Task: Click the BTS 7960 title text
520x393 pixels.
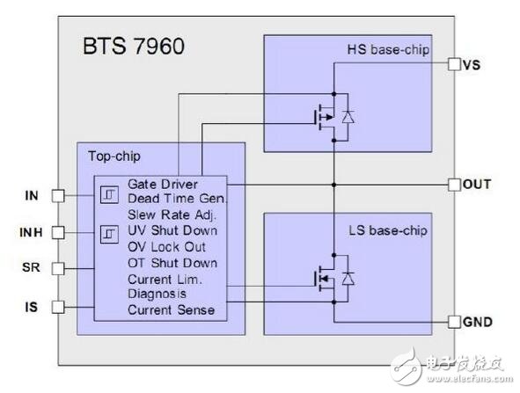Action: tap(134, 46)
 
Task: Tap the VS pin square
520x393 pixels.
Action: tap(454, 64)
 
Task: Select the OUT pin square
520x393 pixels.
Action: tap(454, 185)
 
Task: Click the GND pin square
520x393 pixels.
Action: tap(454, 322)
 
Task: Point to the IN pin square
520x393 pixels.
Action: tap(58, 196)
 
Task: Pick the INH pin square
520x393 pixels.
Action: tap(58, 232)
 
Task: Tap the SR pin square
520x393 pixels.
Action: tap(58, 268)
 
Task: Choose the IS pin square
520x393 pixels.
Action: tap(58, 307)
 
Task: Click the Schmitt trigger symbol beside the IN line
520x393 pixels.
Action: tap(109, 194)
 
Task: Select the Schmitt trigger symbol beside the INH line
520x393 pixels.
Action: tap(109, 235)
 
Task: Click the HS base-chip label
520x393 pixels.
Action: tap(388, 50)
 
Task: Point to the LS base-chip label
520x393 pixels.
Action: tap(388, 230)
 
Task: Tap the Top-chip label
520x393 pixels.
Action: tap(114, 156)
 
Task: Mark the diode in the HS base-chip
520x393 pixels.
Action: tap(348, 117)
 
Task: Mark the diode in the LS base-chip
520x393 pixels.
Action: tap(348, 279)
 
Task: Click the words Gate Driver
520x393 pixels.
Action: tap(163, 185)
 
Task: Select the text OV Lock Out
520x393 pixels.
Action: tap(166, 247)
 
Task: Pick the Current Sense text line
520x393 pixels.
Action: tap(171, 310)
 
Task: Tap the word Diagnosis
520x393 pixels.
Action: tap(157, 294)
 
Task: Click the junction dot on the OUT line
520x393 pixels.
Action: tap(334, 185)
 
